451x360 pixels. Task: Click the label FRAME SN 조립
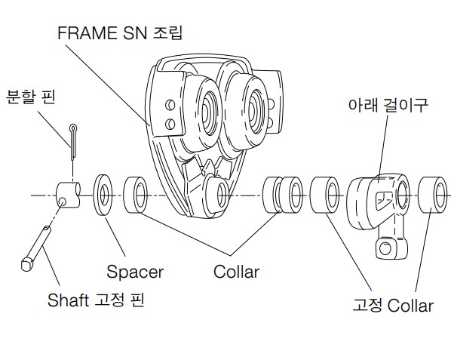[120, 32]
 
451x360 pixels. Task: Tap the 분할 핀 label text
[30, 97]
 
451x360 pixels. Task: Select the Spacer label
[135, 272]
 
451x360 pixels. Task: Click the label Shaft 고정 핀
[96, 300]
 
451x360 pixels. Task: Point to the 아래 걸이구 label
[388, 105]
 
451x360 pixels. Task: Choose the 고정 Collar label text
[393, 306]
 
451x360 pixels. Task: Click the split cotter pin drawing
[73, 142]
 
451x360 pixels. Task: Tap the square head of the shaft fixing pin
[27, 264]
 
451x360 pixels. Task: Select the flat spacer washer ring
[103, 195]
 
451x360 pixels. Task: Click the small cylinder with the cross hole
[68, 195]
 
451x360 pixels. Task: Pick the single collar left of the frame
[135, 195]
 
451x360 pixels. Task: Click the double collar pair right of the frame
[283, 195]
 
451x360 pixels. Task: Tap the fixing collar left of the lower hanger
[325, 195]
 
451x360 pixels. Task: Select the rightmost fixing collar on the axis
[432, 195]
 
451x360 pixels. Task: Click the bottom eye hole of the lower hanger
[385, 248]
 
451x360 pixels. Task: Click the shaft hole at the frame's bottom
[222, 195]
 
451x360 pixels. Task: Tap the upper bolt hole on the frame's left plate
[170, 105]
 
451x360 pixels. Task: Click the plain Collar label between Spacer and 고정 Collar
[236, 272]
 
